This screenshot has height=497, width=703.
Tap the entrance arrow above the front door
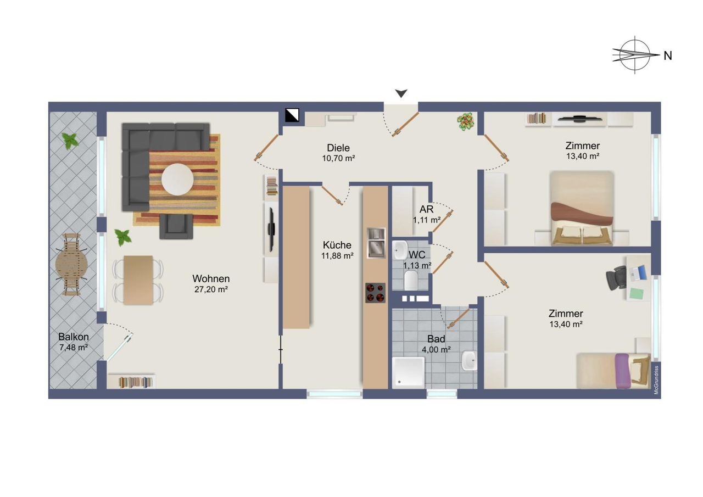pyautogui.click(x=401, y=93)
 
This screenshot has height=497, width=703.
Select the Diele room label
pyautogui.click(x=338, y=148)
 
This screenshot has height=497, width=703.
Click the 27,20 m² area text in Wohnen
pyautogui.click(x=211, y=289)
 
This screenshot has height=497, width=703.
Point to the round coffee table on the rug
pyautogui.click(x=177, y=179)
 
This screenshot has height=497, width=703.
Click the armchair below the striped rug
pyautogui.click(x=176, y=226)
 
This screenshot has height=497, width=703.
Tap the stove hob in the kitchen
pyautogui.click(x=375, y=293)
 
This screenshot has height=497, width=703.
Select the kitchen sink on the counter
pyautogui.click(x=376, y=243)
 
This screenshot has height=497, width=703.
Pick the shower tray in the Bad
pyautogui.click(x=408, y=372)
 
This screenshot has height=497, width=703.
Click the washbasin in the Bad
pyautogui.click(x=469, y=360)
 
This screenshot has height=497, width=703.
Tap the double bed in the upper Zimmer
pyautogui.click(x=582, y=208)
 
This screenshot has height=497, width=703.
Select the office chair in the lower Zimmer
pyautogui.click(x=616, y=278)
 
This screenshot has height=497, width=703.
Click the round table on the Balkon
pyautogui.click(x=71, y=265)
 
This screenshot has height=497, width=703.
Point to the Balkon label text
pyautogui.click(x=74, y=337)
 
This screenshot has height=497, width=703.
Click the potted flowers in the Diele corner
pyautogui.click(x=465, y=121)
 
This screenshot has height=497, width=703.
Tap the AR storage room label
pyautogui.click(x=427, y=209)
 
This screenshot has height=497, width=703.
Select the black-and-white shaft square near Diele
pyautogui.click(x=292, y=115)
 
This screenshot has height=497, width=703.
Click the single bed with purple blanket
pyautogui.click(x=613, y=371)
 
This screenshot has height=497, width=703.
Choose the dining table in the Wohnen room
pyautogui.click(x=138, y=280)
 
